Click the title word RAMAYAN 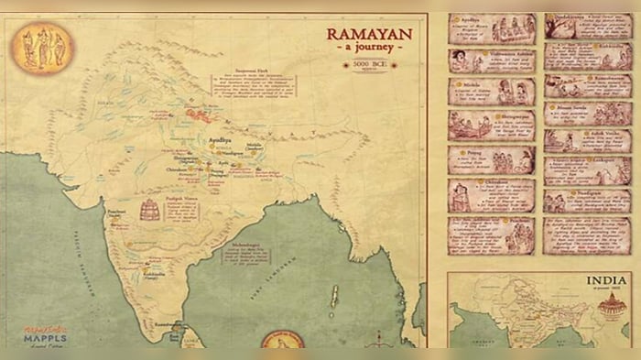(x=369, y=34)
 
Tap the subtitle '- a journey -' (x=369, y=50)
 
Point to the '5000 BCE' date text (x=369, y=67)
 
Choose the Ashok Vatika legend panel (x=586, y=140)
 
